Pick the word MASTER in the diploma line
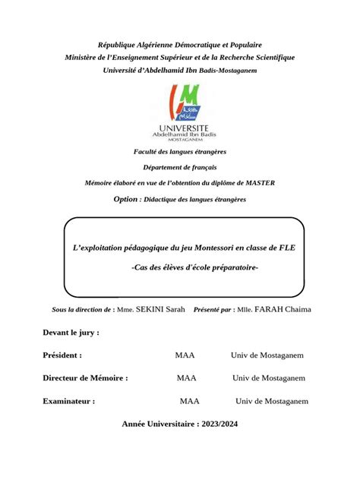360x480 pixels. point(258,183)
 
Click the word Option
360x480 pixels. point(125,199)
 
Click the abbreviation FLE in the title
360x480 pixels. point(286,248)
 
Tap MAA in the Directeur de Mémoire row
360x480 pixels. point(187,377)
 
